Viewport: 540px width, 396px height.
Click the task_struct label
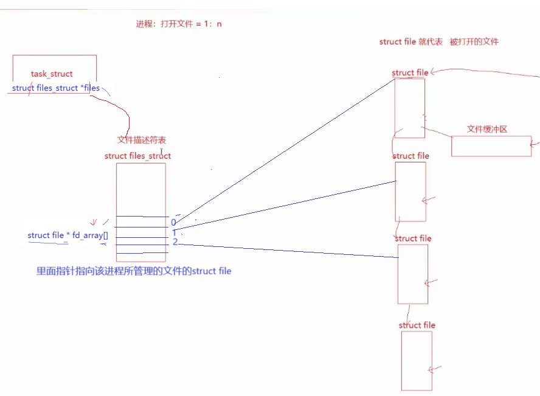[x=52, y=74]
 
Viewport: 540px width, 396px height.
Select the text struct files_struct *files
[x=56, y=88]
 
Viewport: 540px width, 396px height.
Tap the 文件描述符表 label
[x=142, y=140]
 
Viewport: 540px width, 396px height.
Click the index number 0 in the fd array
[x=173, y=223]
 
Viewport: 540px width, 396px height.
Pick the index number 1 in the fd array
[x=174, y=233]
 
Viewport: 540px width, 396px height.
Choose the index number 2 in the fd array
[x=175, y=243]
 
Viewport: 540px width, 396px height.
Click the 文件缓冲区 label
[x=486, y=129]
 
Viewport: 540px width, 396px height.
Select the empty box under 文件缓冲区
[x=491, y=146]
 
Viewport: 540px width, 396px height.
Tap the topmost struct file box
[x=409, y=108]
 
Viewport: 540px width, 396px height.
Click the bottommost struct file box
[x=417, y=360]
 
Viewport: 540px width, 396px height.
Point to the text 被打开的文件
[x=474, y=42]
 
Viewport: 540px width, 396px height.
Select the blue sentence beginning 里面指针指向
[x=134, y=271]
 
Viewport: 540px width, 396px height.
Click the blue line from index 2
[x=286, y=251]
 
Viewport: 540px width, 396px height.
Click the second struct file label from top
[x=411, y=156]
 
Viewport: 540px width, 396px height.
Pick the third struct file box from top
[x=413, y=273]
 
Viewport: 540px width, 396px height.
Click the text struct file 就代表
[x=408, y=42]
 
